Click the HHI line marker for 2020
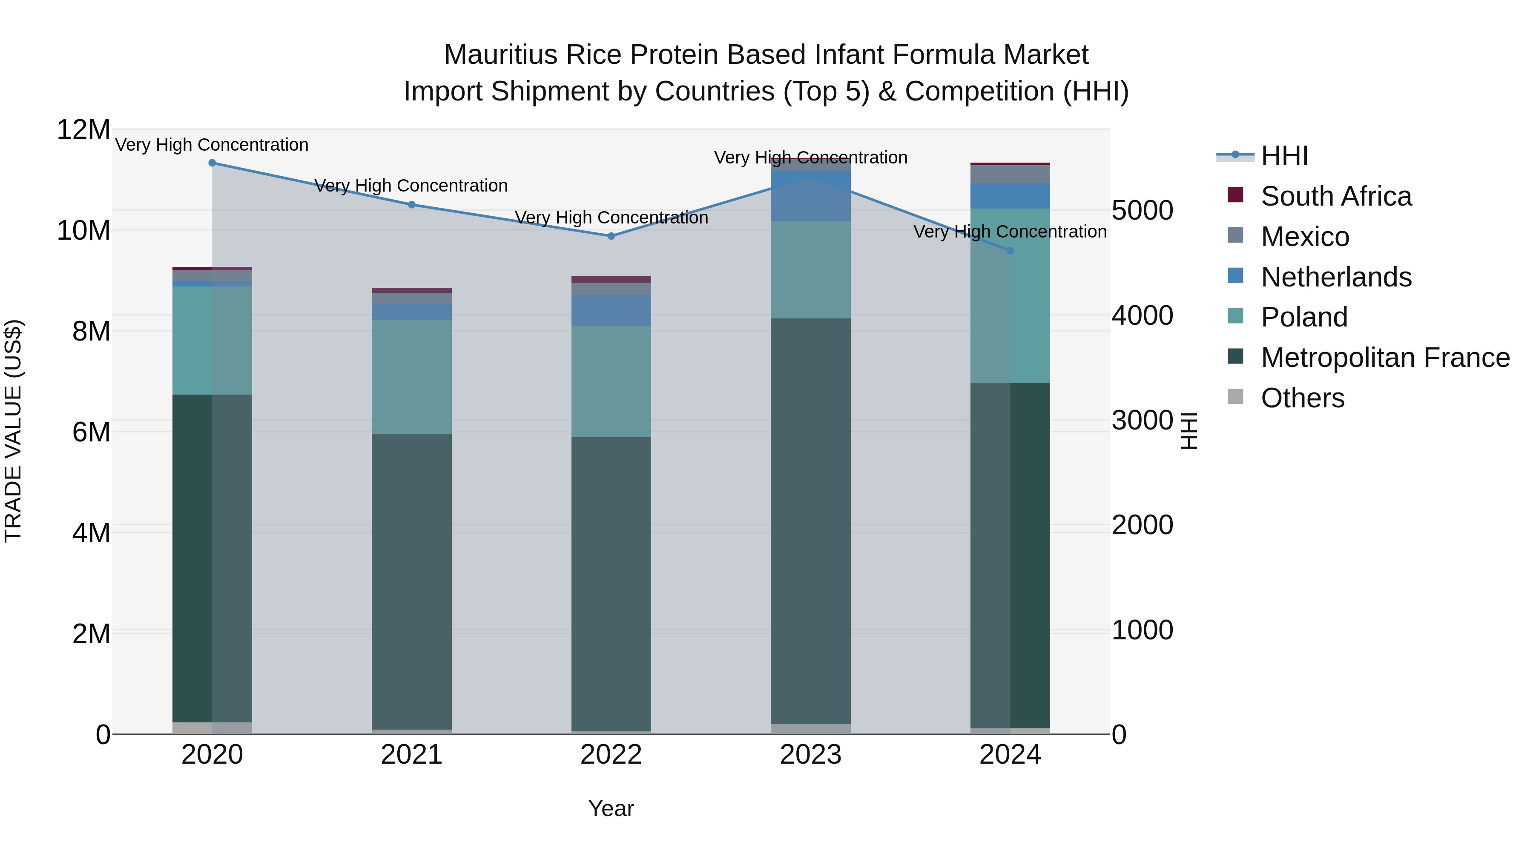(212, 163)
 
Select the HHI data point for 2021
(411, 205)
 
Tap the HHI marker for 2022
(611, 236)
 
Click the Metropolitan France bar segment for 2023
(810, 521)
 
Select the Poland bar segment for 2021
(411, 377)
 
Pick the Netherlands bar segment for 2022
(611, 310)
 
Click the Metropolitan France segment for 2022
(611, 584)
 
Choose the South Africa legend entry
(1335, 196)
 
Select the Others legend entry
(1302, 398)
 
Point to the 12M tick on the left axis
(83, 130)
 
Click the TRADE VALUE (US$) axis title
(13, 431)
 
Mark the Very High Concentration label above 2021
(411, 186)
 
